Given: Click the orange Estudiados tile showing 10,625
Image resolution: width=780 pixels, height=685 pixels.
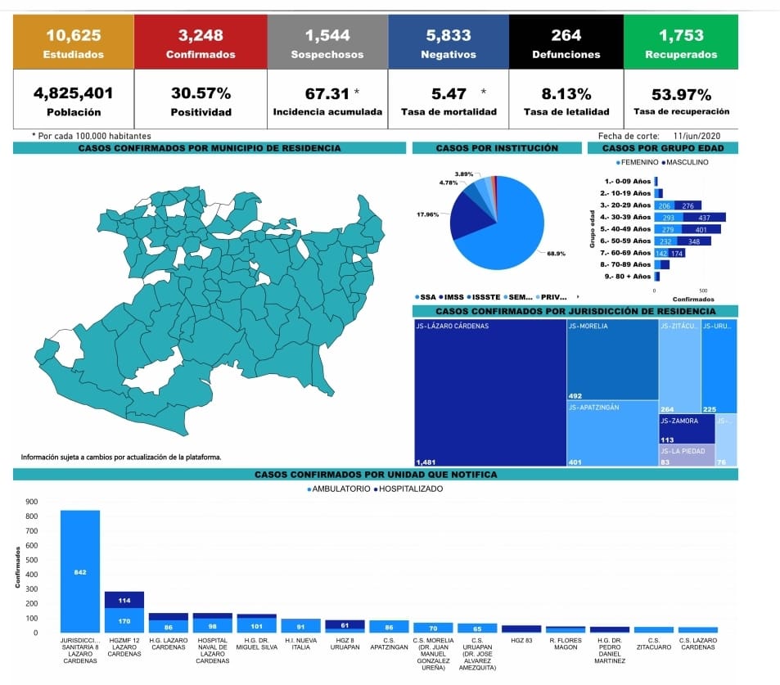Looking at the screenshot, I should (x=74, y=43).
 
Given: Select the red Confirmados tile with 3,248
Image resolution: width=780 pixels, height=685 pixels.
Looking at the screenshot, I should (x=201, y=43).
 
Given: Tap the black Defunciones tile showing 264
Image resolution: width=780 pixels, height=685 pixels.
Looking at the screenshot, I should (x=566, y=43).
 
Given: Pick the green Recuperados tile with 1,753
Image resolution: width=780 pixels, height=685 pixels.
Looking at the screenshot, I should (x=680, y=43).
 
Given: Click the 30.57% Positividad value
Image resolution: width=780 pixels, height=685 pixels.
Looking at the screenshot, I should (x=201, y=94).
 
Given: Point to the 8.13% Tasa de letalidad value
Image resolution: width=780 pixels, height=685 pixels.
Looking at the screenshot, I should (x=566, y=94).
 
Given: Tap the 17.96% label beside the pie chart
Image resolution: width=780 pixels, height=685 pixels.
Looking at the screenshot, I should (x=427, y=214).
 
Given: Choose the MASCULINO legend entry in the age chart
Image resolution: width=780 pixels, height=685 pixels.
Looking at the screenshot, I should (x=685, y=162).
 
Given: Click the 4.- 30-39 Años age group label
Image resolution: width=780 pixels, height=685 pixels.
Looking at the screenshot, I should (x=626, y=217).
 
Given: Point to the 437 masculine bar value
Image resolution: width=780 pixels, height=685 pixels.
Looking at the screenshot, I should (x=704, y=217).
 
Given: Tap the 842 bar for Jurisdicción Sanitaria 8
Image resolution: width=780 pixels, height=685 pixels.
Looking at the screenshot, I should (x=79, y=571).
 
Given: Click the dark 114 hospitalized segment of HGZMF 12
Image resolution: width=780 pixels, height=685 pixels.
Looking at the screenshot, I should (x=124, y=600).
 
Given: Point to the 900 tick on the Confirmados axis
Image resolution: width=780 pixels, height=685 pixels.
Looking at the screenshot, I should (x=32, y=502).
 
